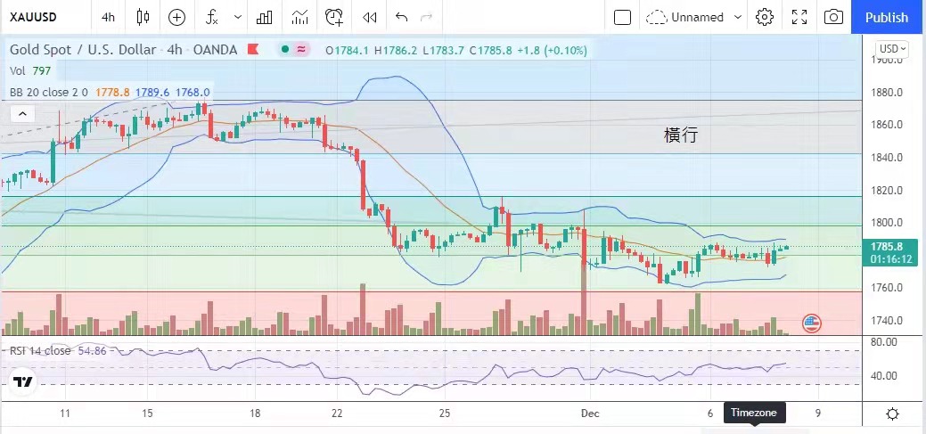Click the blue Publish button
[x=887, y=17]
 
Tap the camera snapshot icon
[x=833, y=17]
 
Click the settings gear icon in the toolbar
[x=764, y=17]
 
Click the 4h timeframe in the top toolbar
[x=108, y=17]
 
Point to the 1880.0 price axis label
[x=887, y=93]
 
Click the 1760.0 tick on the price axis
[x=887, y=288]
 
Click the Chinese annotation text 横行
[x=681, y=135]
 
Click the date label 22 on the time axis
[x=336, y=414]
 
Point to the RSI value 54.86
[x=93, y=351]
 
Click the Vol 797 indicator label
[x=30, y=70]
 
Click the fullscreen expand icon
[x=799, y=17]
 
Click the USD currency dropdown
[x=891, y=49]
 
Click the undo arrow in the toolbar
[x=401, y=17]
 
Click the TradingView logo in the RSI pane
[x=23, y=383]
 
